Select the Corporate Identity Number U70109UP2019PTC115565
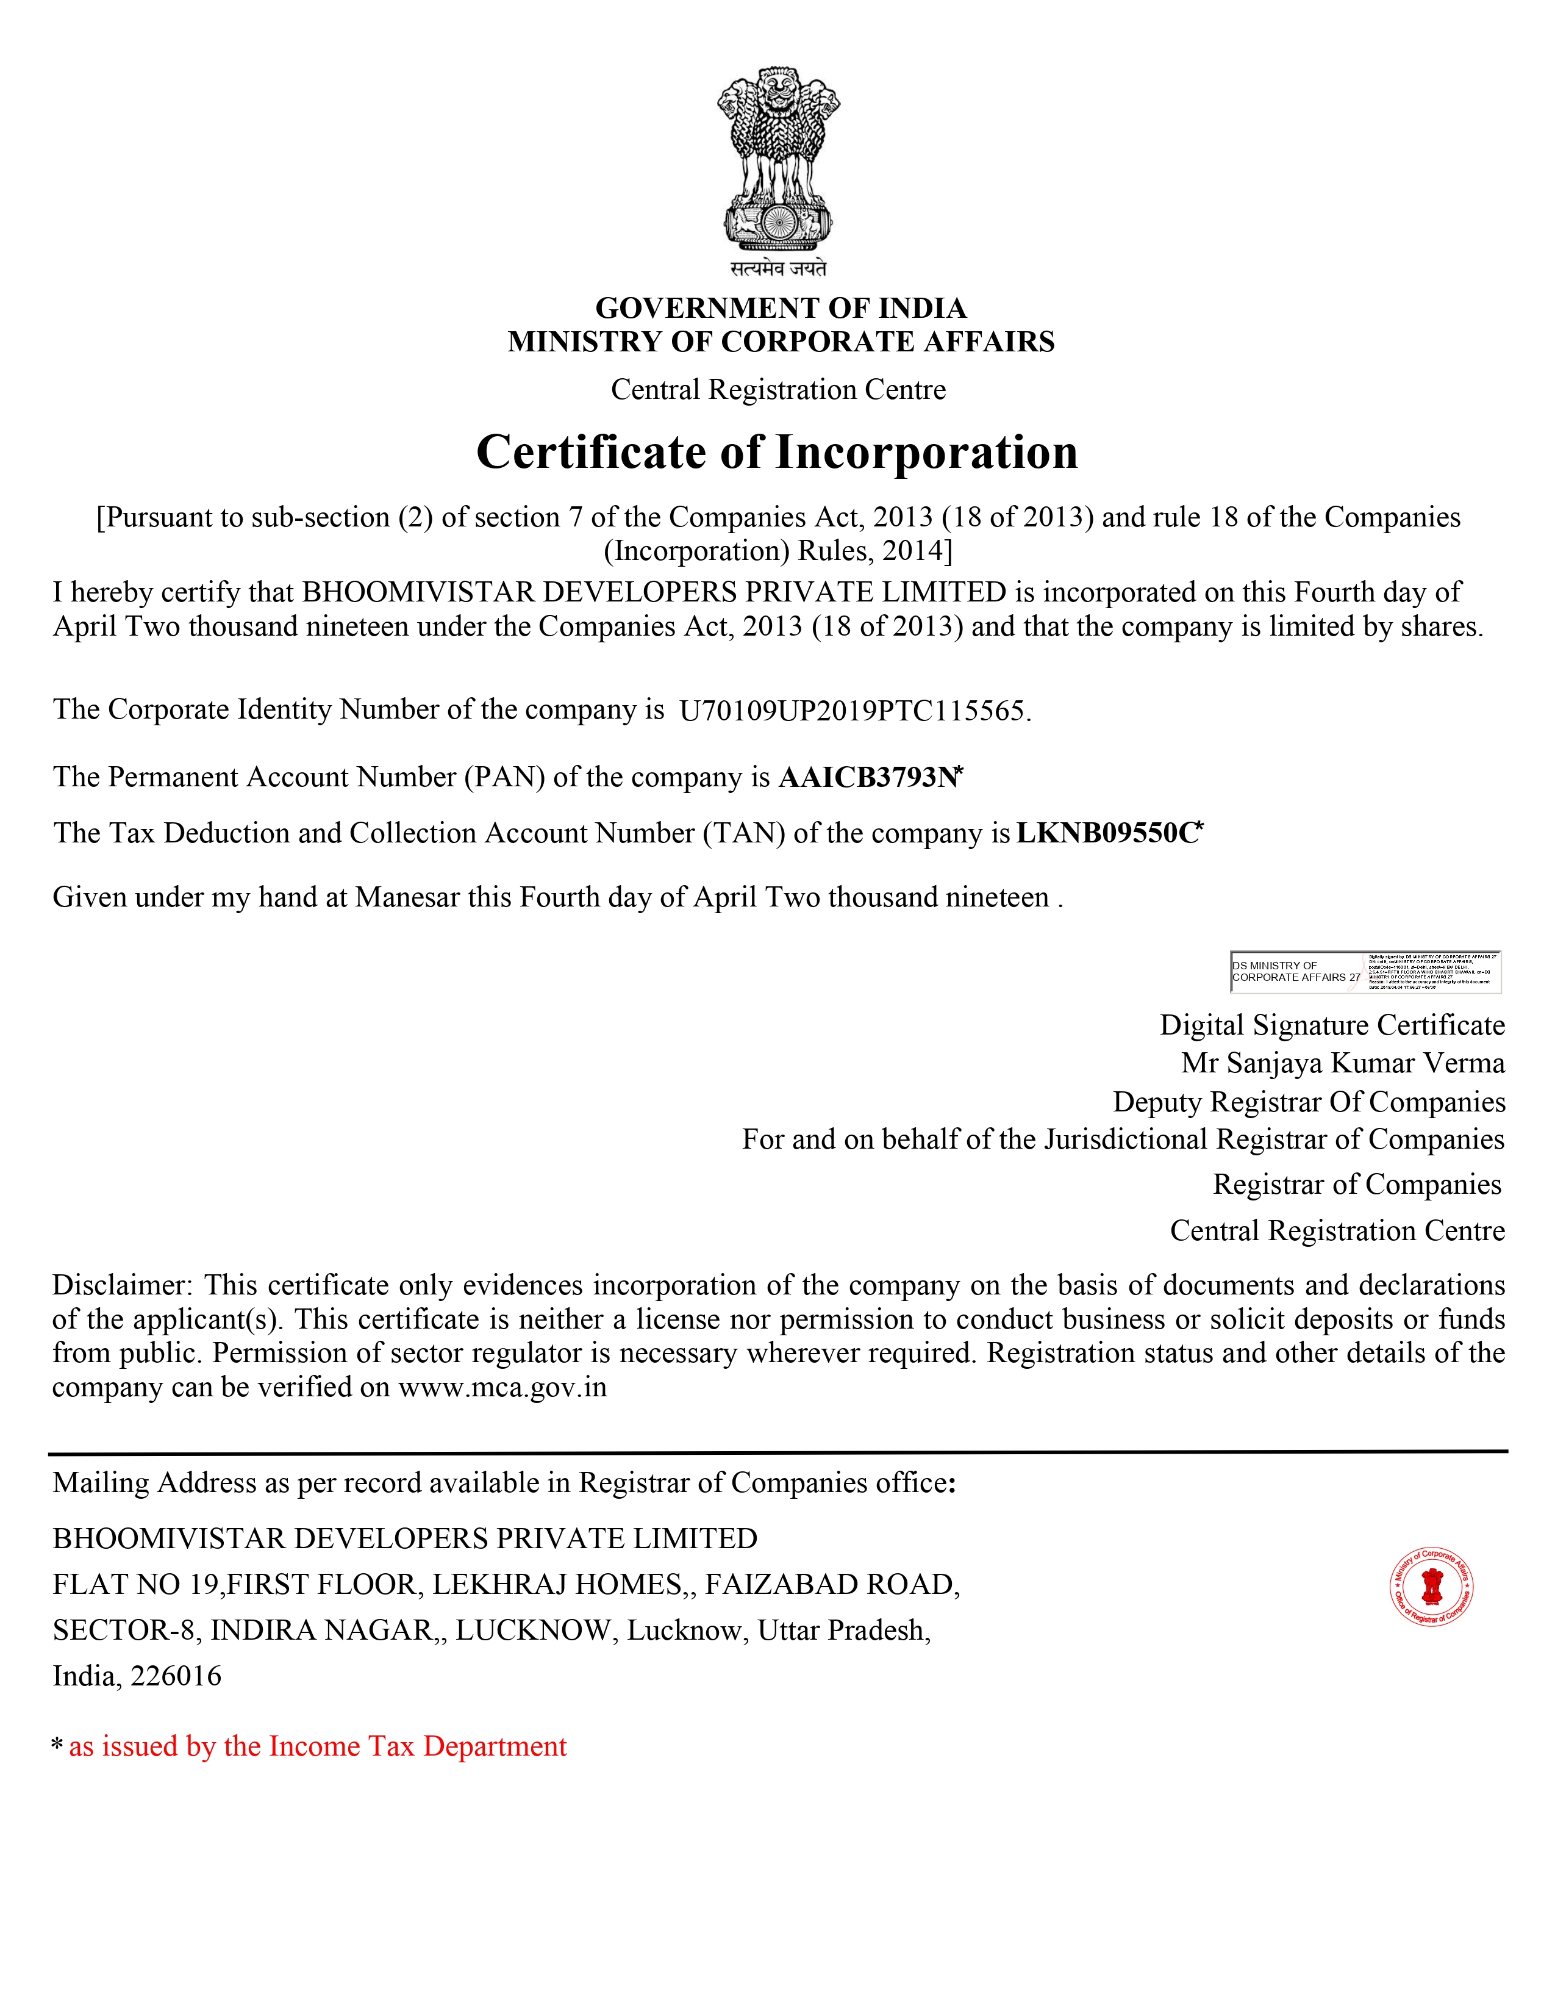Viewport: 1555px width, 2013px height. tap(852, 711)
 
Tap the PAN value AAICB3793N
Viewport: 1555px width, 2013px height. tap(868, 777)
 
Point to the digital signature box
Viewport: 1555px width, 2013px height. tap(1365, 972)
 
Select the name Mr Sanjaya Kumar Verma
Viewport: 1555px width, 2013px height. tap(1342, 1063)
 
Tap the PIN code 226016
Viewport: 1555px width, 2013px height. tap(176, 1676)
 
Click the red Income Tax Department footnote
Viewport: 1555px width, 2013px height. tap(317, 1746)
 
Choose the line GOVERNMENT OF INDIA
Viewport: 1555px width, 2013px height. tap(781, 308)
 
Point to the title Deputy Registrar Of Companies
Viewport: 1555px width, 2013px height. tap(1308, 1102)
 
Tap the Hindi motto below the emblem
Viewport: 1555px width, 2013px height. tap(779, 268)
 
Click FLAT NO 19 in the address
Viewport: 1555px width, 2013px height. tap(135, 1584)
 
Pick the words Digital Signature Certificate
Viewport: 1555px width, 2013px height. tap(1331, 1025)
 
